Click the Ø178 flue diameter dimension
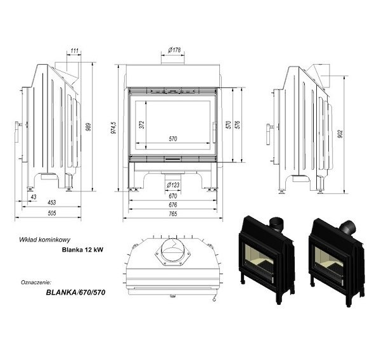pos(174,50)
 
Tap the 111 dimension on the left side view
pos(75,51)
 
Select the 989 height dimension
pos(89,127)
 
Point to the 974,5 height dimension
pos(113,127)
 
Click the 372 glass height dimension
pos(142,124)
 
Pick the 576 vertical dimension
pos(237,124)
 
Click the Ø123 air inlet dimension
pos(173,185)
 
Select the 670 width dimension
pos(173,196)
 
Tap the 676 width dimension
pos(173,205)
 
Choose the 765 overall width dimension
pos(173,214)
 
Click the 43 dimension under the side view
pos(34,197)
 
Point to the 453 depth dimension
pos(52,202)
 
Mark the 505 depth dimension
pos(52,213)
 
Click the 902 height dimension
pos(340,134)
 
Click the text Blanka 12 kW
pos(82,250)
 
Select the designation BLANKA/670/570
pos(75,293)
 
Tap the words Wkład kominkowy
pos(45,240)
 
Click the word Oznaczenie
pos(36,282)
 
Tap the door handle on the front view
pos(214,132)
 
